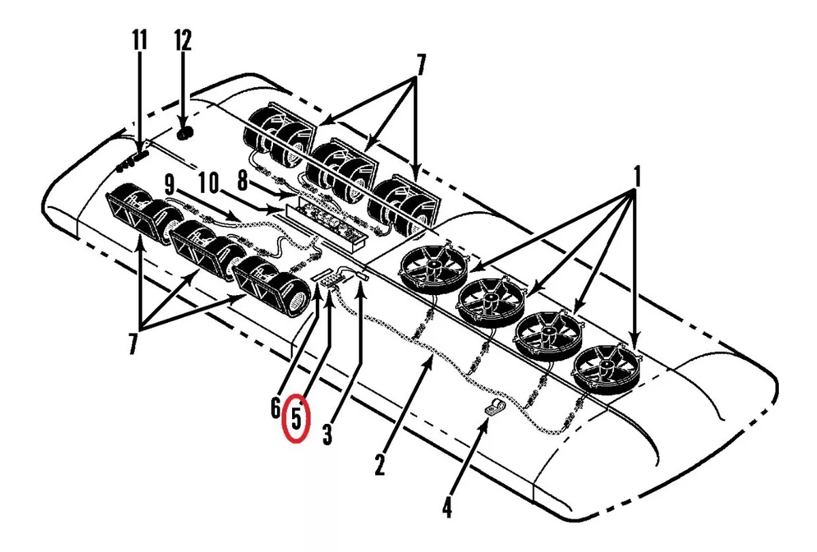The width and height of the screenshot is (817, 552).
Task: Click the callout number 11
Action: [140, 40]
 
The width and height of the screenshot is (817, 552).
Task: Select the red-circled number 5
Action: [297, 418]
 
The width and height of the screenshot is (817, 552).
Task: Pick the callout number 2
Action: [380, 465]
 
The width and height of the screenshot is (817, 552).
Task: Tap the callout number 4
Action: [447, 506]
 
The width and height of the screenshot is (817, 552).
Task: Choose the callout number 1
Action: [636, 177]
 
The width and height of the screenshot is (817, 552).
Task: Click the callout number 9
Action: [170, 185]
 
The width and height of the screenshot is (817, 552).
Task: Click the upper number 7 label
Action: [421, 65]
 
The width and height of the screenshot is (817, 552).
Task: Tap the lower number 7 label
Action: [133, 343]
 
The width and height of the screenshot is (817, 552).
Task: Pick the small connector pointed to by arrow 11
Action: [141, 156]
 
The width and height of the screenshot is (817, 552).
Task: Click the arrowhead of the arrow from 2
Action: [430, 362]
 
